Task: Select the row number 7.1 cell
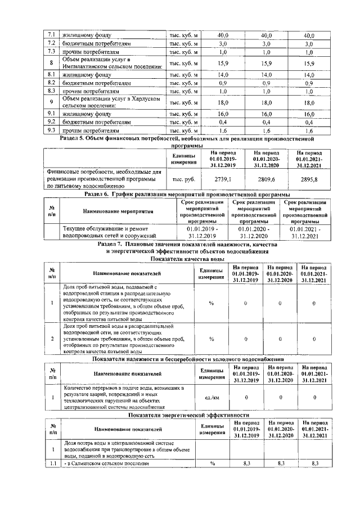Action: pos(51,35)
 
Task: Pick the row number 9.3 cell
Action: pos(51,130)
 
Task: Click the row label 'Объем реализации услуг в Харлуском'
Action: pos(111,98)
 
